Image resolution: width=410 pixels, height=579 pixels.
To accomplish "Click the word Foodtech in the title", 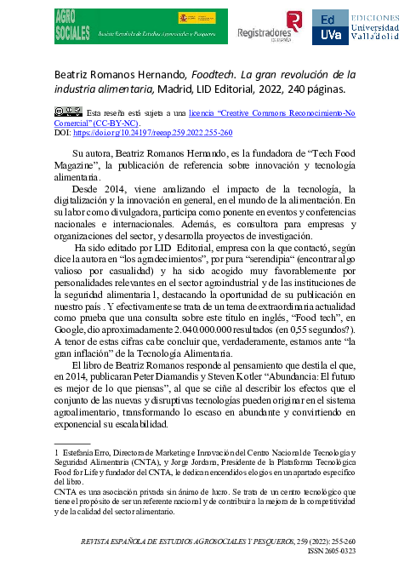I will point(215,74).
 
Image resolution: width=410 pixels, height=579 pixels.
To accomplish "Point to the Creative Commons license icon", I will point(67,112).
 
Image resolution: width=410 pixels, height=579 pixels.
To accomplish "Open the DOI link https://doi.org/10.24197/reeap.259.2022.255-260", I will point(153,134).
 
